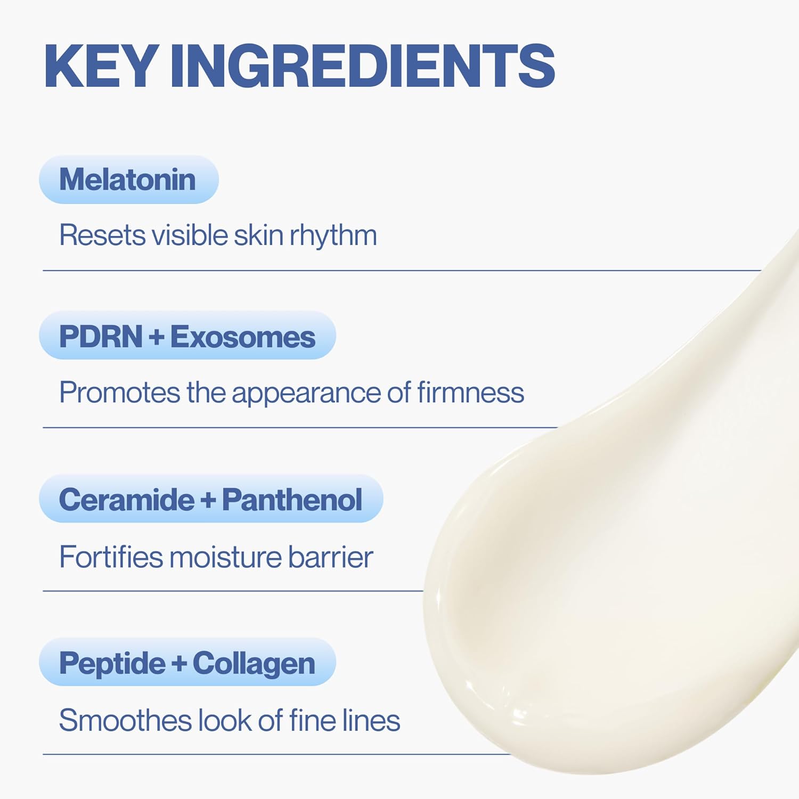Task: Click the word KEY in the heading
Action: pos(101,66)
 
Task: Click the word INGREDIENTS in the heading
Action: pos(362,66)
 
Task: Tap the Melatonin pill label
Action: pos(128,180)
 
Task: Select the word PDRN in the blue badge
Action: pos(101,337)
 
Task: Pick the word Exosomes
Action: pos(242,337)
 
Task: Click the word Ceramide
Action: pos(127,500)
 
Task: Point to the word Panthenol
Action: pos(292,500)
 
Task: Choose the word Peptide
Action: pos(112,663)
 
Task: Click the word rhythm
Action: pos(333,235)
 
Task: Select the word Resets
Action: pos(102,235)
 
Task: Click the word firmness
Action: pos(470,393)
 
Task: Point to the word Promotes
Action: pos(120,393)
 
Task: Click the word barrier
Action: pos(330,557)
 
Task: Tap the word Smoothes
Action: pos(125,720)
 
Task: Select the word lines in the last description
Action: pos(371,720)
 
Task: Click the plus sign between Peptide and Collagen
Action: pos(179,664)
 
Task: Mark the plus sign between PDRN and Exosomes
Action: pos(157,337)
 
